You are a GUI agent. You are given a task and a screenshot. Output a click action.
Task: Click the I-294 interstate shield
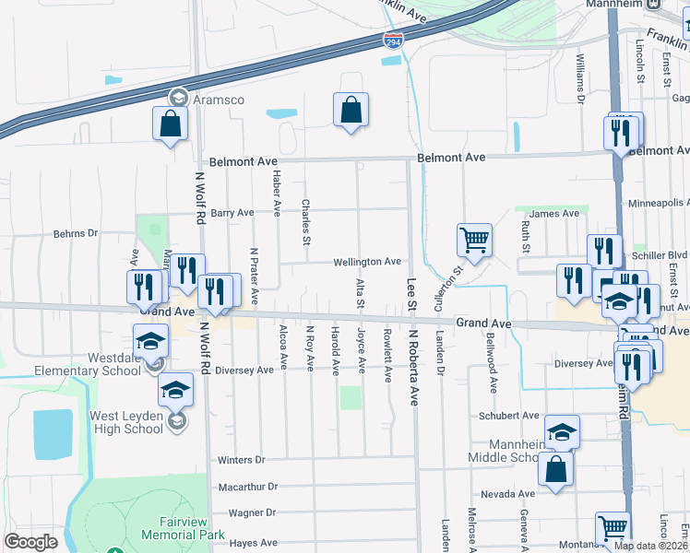point(392,40)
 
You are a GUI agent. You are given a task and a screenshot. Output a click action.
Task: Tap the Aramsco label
point(218,98)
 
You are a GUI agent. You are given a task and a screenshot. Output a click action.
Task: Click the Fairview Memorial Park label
point(184,528)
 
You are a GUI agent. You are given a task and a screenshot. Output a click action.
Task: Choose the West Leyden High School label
point(125,422)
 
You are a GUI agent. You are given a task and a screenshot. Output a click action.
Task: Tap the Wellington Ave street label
point(367,262)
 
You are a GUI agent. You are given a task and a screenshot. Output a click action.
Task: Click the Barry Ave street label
point(232,213)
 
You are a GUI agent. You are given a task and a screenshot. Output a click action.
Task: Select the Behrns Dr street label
point(75,234)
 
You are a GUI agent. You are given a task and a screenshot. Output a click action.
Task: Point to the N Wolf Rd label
point(199,196)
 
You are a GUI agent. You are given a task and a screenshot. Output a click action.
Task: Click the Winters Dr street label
point(241,460)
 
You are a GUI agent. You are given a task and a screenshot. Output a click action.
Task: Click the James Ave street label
point(554,214)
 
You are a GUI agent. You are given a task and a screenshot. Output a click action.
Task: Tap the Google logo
point(30,542)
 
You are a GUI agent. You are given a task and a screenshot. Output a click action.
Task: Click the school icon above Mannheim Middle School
point(562,432)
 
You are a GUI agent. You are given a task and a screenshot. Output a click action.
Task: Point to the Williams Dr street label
point(581,77)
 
